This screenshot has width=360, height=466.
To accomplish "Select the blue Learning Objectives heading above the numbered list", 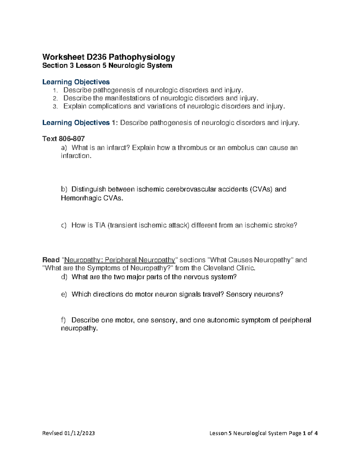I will coord(76,82).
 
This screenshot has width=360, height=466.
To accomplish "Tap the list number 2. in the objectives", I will coord(55,98).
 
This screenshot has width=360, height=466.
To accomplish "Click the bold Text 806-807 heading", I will coord(64,139).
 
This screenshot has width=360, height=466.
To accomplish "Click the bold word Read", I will coord(51,260).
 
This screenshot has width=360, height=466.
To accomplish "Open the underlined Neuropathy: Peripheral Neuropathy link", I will coord(120,260).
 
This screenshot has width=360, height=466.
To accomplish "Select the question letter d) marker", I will coord(64,277).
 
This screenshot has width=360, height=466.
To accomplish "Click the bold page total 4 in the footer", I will coord(316,433).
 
